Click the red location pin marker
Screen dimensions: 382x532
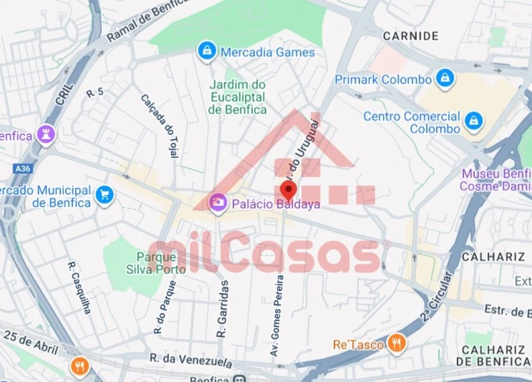coord(288,190)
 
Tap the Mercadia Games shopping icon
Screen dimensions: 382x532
coord(206,51)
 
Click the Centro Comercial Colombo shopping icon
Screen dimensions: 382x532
coord(474,122)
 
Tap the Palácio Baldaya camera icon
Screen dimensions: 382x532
coord(218,202)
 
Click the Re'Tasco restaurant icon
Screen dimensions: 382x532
coord(396,344)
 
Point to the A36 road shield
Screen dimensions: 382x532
coord(22,168)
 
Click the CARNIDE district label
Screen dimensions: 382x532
coord(411,36)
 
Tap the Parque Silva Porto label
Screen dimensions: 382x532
coord(156,263)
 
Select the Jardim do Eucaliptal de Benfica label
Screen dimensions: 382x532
coord(237,97)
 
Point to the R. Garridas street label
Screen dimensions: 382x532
coord(223,309)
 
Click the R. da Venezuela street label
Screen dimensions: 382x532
coord(190,361)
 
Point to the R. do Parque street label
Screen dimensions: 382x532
coord(165,308)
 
